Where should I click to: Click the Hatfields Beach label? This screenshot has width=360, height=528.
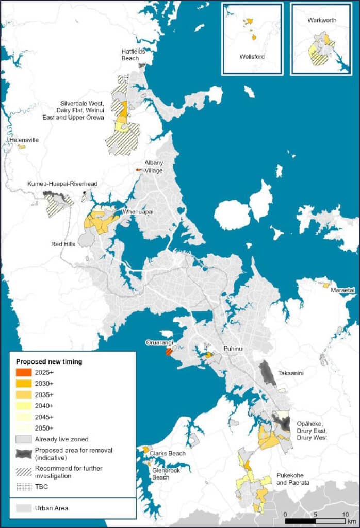click(133, 55)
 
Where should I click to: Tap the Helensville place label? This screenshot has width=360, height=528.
click(24, 140)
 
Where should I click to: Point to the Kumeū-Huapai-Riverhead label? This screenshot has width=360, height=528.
click(62, 184)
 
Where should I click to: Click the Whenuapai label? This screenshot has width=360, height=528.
click(136, 212)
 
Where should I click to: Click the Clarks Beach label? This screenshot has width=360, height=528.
click(168, 453)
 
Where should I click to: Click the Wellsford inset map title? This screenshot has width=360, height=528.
click(252, 56)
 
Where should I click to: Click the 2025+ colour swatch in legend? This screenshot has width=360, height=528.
click(24, 372)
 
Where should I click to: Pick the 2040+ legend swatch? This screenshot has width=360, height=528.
click(24, 406)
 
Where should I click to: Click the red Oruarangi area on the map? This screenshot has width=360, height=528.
click(168, 352)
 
